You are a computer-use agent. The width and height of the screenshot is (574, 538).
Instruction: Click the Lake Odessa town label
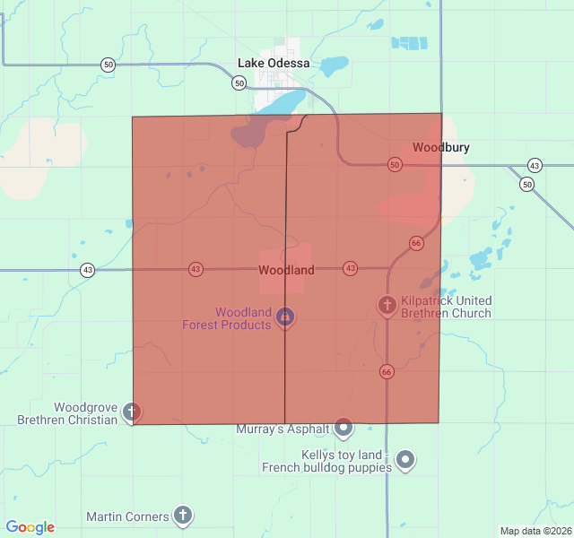(x=274, y=64)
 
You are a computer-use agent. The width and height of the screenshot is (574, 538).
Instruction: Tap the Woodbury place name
(x=440, y=147)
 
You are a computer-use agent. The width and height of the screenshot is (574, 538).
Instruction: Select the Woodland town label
(x=286, y=270)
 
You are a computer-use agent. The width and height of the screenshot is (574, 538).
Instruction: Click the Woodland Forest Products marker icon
(x=285, y=317)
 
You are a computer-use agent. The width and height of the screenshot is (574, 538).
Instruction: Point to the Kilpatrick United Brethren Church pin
(x=387, y=306)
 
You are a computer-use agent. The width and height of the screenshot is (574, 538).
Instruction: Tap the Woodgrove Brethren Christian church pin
(x=132, y=412)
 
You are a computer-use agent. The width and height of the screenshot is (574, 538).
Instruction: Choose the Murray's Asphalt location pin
(x=344, y=428)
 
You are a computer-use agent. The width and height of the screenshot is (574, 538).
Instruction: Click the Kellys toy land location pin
(x=405, y=460)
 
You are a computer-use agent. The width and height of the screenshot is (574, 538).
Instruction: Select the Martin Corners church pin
(x=183, y=515)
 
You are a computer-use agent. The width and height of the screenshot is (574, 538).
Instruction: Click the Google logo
(x=30, y=527)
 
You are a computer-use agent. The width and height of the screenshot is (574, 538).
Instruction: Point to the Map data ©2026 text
(x=535, y=531)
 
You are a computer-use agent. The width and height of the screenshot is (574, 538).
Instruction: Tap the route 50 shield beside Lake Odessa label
(x=239, y=82)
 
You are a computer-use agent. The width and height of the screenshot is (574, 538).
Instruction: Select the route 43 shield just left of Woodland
(x=196, y=269)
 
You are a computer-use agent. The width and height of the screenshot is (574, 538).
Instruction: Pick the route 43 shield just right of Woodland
(x=350, y=268)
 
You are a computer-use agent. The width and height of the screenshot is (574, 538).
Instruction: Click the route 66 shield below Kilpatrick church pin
(x=387, y=371)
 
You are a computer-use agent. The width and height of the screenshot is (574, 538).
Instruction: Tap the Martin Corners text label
(x=127, y=516)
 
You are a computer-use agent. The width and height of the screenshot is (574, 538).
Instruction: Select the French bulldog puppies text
(x=326, y=467)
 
